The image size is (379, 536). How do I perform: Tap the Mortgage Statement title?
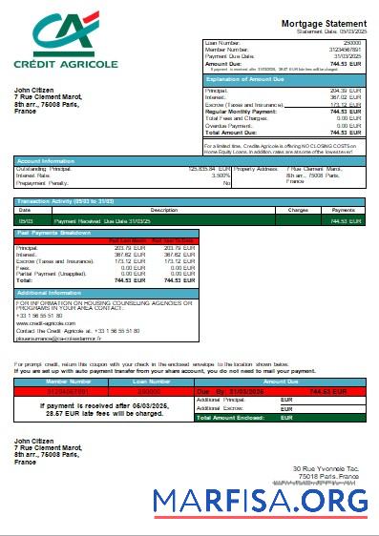click(x=323, y=23)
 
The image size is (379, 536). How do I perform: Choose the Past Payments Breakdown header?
click(x=54, y=233)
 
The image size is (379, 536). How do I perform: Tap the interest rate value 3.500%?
click(x=221, y=175)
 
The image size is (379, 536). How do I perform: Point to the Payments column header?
click(x=343, y=209)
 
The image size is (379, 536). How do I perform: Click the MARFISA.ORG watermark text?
click(x=260, y=501)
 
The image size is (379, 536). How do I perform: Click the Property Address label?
click(x=256, y=169)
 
